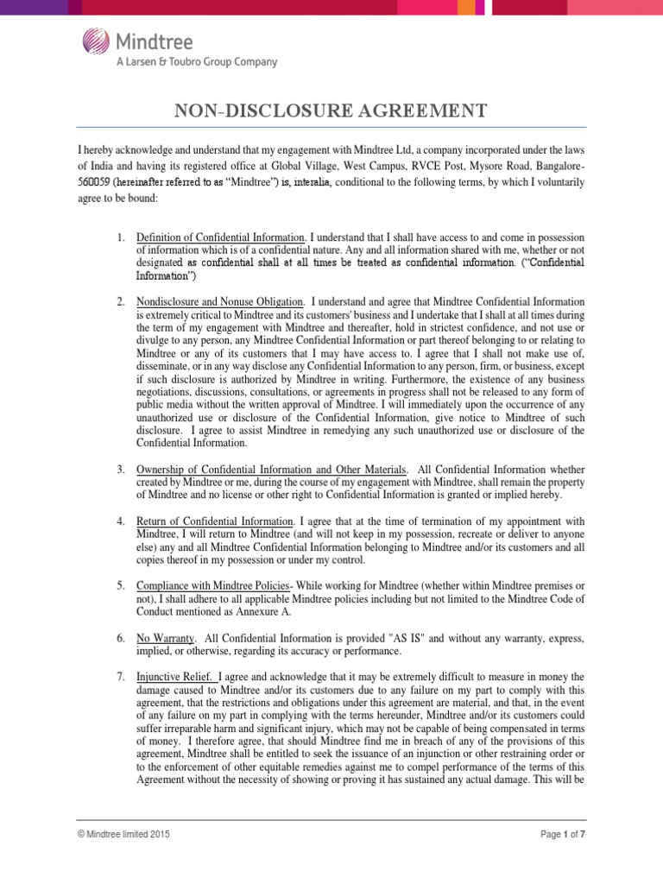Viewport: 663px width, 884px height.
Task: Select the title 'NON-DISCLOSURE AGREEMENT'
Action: (331, 110)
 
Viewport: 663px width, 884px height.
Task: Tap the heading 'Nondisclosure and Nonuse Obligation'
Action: (219, 301)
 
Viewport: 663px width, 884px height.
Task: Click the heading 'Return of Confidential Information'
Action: (215, 521)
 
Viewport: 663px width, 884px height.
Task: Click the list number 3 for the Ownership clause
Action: (121, 469)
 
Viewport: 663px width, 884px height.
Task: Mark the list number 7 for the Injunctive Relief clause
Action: (121, 677)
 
